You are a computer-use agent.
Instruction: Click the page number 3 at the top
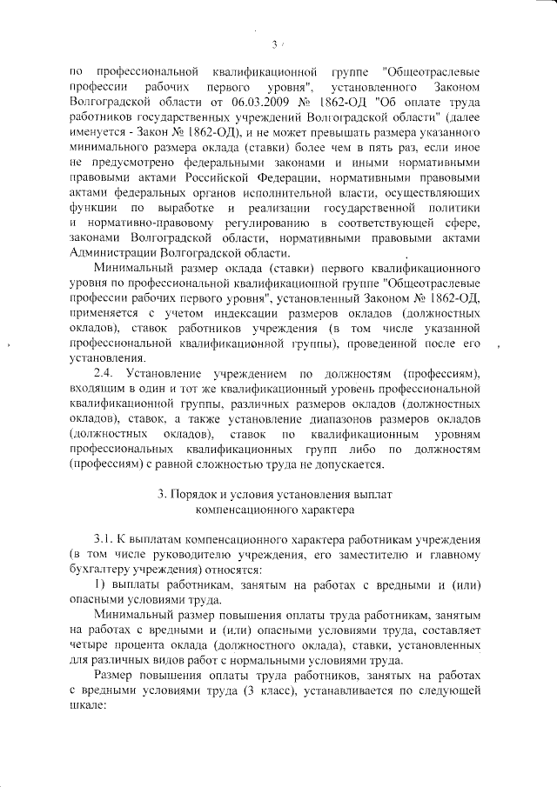(274, 44)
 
